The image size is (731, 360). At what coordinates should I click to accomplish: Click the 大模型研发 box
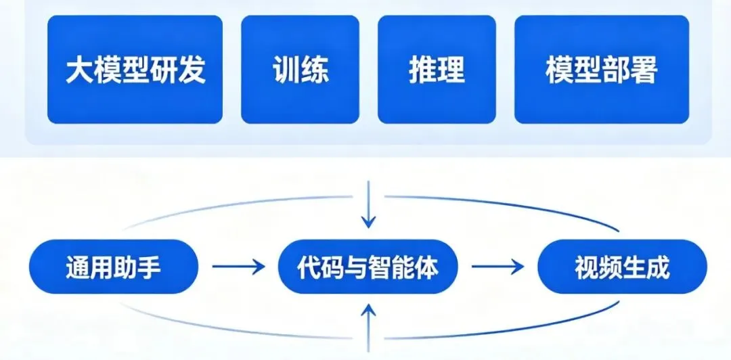tap(135, 70)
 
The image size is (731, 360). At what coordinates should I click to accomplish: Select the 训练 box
tap(300, 70)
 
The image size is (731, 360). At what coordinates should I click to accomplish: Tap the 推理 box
tap(437, 70)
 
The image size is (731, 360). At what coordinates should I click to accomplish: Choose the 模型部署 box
tap(601, 70)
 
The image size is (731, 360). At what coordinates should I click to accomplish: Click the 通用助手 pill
tap(114, 268)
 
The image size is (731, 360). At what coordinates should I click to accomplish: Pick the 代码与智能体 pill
tap(368, 268)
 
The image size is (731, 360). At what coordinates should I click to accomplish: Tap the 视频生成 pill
tap(621, 268)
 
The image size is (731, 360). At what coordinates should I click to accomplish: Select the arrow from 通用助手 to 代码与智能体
tap(239, 267)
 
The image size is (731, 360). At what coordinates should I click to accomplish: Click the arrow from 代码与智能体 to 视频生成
tap(497, 267)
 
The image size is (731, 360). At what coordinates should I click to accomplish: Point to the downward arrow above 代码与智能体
tap(368, 204)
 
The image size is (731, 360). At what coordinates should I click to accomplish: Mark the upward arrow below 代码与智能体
tap(368, 328)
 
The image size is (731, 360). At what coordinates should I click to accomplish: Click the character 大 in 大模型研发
tap(79, 70)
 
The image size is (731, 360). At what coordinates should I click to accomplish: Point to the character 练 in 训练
tap(315, 70)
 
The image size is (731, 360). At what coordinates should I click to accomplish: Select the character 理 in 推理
tap(451, 70)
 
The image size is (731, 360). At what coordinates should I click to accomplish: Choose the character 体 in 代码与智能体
tap(427, 268)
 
